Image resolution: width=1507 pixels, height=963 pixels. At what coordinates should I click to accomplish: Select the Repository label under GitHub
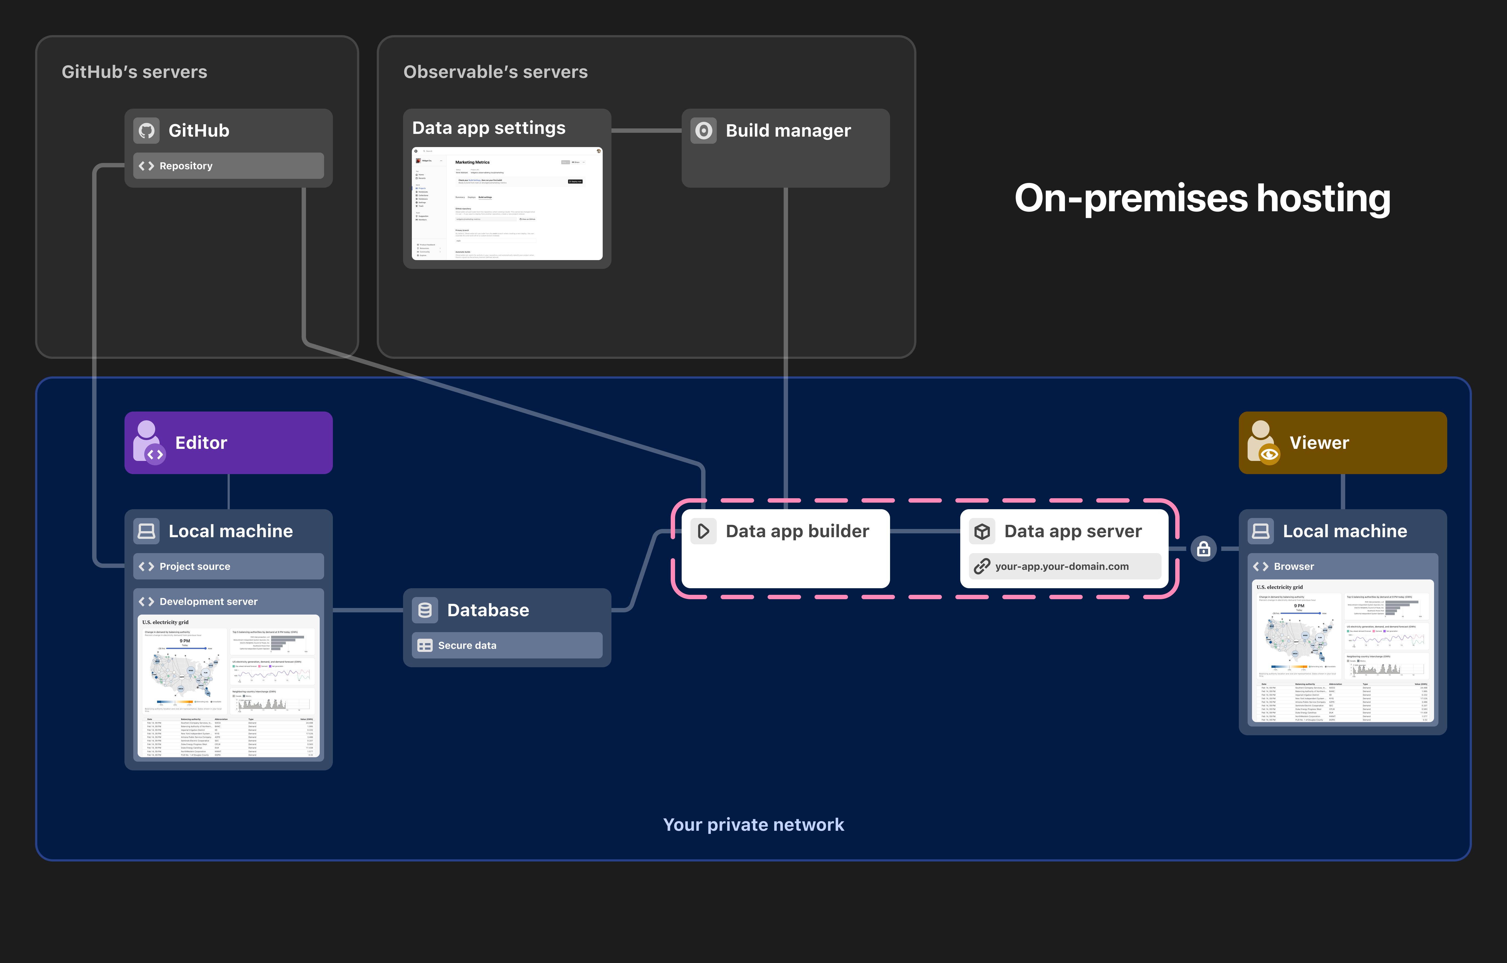(186, 166)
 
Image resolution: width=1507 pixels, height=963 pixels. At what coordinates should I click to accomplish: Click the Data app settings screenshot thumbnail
(507, 204)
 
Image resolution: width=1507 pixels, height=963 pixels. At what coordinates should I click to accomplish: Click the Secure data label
(467, 646)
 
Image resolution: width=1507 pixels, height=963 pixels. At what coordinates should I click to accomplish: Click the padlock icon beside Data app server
(1203, 549)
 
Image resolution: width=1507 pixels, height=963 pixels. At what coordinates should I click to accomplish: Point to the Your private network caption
(753, 825)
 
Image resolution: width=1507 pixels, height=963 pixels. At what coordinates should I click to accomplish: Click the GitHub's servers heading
(134, 72)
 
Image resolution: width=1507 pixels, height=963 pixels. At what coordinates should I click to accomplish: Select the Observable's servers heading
(495, 72)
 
